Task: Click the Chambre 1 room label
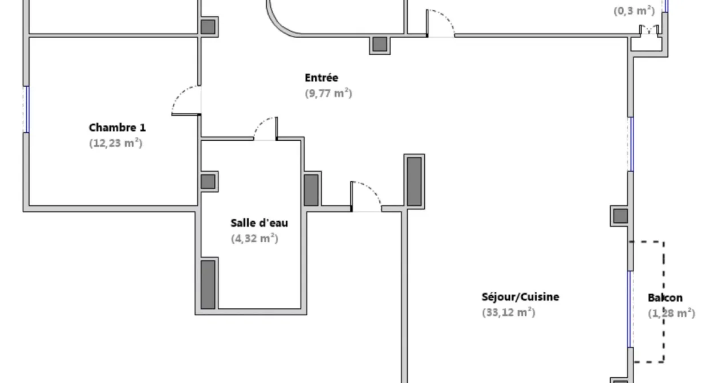coord(117,128)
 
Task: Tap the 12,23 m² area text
coord(116,143)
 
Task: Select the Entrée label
coord(322,78)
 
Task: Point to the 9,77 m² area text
coord(328,93)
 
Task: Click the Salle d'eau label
coord(259,223)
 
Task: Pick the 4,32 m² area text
coord(254,239)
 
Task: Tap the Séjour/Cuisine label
coord(521,297)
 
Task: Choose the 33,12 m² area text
coord(509,313)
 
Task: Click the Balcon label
coord(665,298)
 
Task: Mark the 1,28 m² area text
coord(671,313)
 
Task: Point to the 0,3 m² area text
coord(634,11)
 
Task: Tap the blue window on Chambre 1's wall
coord(27,109)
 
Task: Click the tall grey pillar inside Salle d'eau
coord(208,284)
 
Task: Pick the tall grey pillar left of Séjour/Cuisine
coord(414,182)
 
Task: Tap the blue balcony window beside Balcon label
coord(630,309)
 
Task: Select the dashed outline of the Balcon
coord(663,301)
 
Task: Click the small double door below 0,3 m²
coord(649,30)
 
